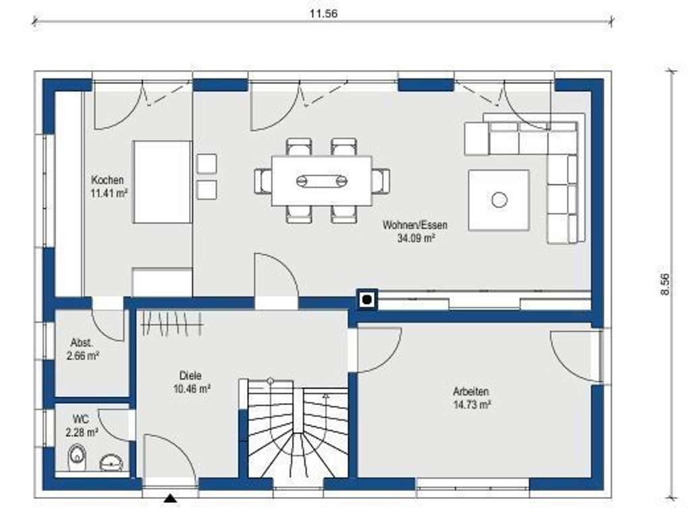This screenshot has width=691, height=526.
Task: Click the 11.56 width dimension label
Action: tap(323, 14)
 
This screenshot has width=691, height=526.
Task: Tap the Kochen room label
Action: tap(107, 180)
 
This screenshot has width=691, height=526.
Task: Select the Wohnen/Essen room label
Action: tap(414, 226)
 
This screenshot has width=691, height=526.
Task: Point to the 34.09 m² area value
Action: tap(414, 237)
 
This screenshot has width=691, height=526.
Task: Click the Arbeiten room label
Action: tap(471, 392)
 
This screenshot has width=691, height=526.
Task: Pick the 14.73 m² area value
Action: tap(471, 404)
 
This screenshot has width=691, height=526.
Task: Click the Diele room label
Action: tap(190, 376)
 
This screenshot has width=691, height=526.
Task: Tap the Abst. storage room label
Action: tap(82, 342)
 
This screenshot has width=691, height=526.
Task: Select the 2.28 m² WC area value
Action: tap(82, 431)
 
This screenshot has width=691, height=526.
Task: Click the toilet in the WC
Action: tap(76, 459)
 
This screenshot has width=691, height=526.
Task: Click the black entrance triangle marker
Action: tap(171, 499)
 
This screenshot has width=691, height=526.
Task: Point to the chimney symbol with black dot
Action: tap(366, 299)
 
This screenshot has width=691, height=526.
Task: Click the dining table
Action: tap(322, 180)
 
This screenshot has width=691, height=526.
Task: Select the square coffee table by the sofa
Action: tap(499, 200)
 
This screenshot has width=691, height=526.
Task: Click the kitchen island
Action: tap(162, 182)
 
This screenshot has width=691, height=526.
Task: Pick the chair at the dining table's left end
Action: tap(262, 180)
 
